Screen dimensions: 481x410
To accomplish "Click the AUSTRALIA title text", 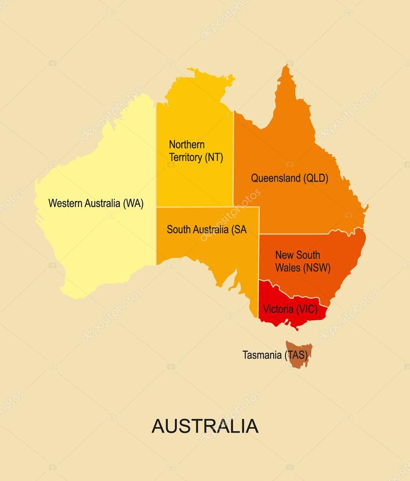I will point(205,426).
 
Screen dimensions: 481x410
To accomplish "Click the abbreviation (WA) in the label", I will point(133,203).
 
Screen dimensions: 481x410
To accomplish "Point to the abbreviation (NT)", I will point(213,157).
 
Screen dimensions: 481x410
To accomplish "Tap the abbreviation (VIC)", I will point(307,309).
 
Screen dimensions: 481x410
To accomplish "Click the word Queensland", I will point(276,178).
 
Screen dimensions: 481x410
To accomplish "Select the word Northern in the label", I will point(187,145).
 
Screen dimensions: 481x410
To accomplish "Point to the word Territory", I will point(185,157).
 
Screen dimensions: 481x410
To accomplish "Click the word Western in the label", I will point(66,203).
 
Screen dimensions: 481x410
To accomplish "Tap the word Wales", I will point(287,268).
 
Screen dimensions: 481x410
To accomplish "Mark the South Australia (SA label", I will point(206,229).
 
